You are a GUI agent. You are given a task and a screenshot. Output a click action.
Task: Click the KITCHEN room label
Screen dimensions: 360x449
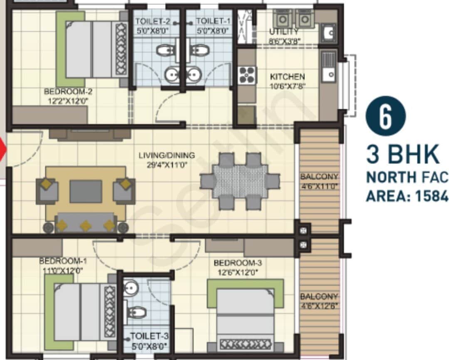tap(287, 77)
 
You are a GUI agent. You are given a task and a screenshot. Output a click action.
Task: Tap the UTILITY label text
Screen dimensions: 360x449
tap(284, 32)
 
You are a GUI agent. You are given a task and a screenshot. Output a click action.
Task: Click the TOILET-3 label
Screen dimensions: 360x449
tap(149, 336)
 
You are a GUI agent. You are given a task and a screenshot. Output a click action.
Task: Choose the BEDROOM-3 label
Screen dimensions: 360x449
tap(237, 263)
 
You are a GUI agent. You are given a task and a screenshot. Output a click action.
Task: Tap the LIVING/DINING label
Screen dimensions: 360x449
tap(166, 155)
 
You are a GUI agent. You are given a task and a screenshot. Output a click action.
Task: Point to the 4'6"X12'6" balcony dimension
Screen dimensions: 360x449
tap(319, 306)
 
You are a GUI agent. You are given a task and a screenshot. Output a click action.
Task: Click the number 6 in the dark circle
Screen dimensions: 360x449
tap(385, 117)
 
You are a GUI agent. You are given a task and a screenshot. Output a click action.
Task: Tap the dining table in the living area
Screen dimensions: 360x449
tap(240, 181)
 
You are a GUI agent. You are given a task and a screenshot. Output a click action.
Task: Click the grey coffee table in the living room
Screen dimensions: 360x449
tap(86, 191)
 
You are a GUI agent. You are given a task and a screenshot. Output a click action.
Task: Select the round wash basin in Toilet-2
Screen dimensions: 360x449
tap(172, 75)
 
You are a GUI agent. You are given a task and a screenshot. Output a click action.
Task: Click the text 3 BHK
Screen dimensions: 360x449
tap(402, 154)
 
